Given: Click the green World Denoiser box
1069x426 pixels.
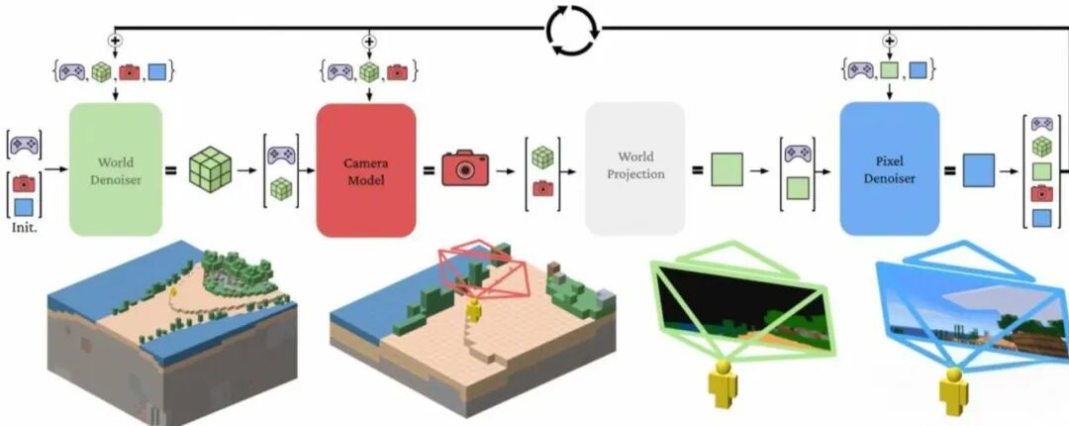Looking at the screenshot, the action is [116, 169].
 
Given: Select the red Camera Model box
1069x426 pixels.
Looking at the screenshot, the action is [366, 170].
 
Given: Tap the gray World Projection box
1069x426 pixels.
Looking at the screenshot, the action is [634, 168].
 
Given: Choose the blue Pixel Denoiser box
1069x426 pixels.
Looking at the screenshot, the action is [890, 168].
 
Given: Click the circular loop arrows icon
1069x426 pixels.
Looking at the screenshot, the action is [573, 30].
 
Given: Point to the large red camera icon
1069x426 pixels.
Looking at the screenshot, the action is [465, 168].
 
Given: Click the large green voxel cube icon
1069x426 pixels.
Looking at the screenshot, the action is [210, 169].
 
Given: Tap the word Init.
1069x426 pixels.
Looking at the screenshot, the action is [24, 227].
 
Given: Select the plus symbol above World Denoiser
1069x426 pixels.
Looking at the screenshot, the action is [115, 41].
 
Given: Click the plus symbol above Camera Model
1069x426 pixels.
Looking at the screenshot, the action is [369, 41].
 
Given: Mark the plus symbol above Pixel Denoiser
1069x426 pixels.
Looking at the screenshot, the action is [889, 41].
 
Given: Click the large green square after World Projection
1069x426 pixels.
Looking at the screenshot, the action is [727, 169].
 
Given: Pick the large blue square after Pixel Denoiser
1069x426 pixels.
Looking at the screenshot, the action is [978, 170].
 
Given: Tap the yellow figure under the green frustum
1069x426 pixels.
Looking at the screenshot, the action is [722, 384].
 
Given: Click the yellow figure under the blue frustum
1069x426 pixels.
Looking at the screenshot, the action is [954, 391].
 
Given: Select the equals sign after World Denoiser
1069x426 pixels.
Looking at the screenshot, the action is [171, 169].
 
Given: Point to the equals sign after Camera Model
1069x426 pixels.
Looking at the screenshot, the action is [429, 169].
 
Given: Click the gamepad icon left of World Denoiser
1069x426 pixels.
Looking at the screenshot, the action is [25, 145].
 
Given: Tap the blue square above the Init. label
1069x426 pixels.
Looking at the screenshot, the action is [24, 207].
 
